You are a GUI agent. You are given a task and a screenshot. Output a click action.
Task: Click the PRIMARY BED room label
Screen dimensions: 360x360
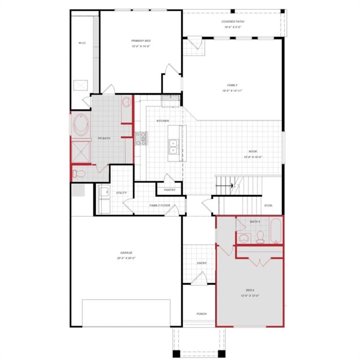141,41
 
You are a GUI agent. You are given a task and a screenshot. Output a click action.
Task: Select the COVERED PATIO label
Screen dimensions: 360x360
233,22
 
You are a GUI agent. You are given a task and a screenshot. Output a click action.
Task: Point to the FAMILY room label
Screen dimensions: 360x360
232,85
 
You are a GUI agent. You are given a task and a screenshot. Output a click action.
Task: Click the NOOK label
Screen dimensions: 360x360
253,151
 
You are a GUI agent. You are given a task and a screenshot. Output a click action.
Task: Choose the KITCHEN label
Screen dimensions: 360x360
163,121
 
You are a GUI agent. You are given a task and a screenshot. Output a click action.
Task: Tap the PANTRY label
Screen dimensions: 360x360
170,190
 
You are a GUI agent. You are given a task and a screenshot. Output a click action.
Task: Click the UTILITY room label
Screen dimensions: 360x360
121,193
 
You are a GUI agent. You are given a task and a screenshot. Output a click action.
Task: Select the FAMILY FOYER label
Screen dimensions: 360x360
160,205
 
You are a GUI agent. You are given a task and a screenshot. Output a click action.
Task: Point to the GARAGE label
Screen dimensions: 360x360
126,253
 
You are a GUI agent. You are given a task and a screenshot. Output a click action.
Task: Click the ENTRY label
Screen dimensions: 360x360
202,263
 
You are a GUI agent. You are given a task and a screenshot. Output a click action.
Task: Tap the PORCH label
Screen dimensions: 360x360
202,314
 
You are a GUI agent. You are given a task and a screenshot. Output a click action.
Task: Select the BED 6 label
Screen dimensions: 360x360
250,290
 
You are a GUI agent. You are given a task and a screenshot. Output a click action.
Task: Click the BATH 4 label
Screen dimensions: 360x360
255,222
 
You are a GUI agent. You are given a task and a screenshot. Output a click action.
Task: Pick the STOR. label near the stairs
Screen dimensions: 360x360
268,205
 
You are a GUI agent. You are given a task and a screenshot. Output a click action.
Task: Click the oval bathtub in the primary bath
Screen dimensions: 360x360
81,125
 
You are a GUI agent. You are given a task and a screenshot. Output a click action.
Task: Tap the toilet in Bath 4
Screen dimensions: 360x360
260,237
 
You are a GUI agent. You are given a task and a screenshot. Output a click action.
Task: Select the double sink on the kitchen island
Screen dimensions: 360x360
173,147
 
